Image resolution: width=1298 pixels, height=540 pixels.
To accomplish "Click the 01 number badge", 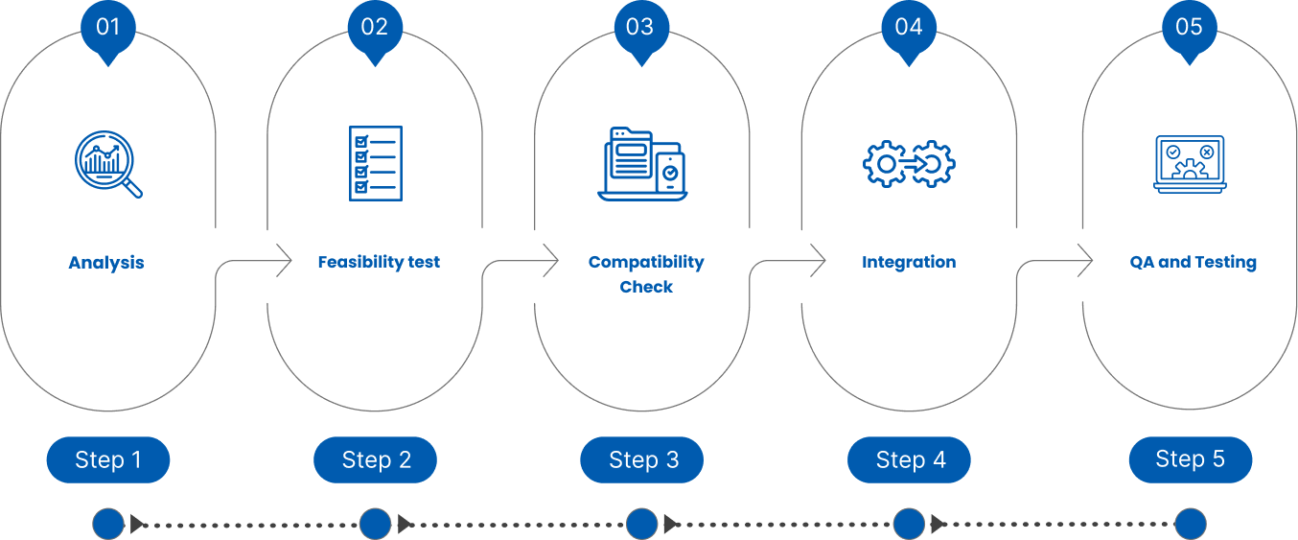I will click(108, 27).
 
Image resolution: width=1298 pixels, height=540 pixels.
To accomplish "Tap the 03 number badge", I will click(640, 27).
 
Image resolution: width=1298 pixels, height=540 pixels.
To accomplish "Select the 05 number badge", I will click(1189, 27).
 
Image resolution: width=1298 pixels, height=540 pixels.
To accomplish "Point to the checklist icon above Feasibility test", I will click(375, 163).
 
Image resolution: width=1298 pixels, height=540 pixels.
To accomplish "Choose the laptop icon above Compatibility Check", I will click(641, 164).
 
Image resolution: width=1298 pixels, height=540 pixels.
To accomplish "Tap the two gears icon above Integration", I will click(909, 164).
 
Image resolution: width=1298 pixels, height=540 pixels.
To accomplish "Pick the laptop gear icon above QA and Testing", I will click(1189, 164).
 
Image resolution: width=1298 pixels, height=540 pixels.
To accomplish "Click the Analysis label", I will click(106, 263).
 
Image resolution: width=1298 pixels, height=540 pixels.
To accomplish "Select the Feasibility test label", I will click(379, 262).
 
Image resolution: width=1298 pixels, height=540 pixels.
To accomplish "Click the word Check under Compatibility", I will click(646, 287).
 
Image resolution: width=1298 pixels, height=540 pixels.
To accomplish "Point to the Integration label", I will click(909, 262).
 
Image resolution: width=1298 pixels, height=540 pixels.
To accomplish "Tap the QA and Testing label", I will click(1194, 262).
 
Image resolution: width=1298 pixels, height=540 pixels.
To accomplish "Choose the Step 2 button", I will click(376, 460).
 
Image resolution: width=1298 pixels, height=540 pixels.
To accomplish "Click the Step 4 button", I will click(910, 460).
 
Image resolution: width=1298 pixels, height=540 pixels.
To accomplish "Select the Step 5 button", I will click(1190, 458).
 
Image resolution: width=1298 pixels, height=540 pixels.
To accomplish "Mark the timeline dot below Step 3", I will click(642, 524).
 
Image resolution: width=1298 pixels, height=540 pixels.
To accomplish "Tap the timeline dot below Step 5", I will click(1190, 524).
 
